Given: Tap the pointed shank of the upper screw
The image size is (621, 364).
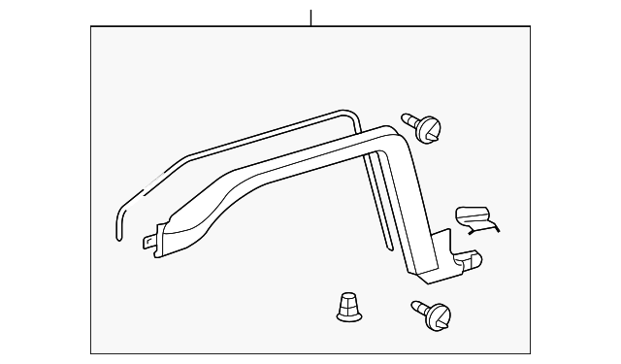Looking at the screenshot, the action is (x=408, y=120).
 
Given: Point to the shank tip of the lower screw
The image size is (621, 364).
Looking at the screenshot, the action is (x=416, y=306).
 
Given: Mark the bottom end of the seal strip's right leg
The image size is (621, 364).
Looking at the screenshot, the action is (x=385, y=242).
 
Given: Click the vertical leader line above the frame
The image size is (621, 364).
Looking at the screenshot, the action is (x=310, y=17).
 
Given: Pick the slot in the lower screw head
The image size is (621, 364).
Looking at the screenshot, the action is (x=441, y=316).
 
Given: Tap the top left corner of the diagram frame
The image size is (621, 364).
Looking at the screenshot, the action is (x=91, y=26).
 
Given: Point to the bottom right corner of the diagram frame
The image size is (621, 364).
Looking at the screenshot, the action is (x=530, y=353).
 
